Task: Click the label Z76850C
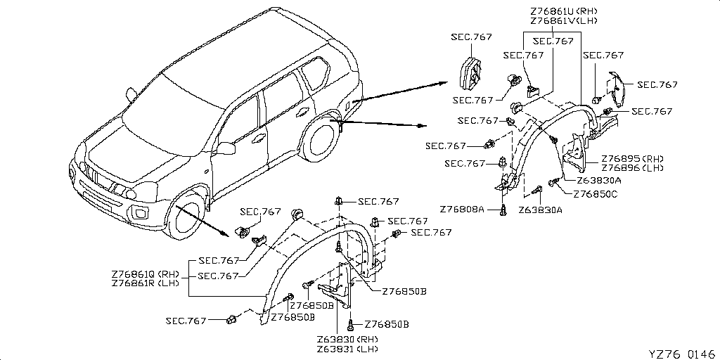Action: (595, 194)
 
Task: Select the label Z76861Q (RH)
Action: (146, 274)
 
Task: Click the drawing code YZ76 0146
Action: (681, 353)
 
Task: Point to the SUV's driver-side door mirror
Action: (225, 148)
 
